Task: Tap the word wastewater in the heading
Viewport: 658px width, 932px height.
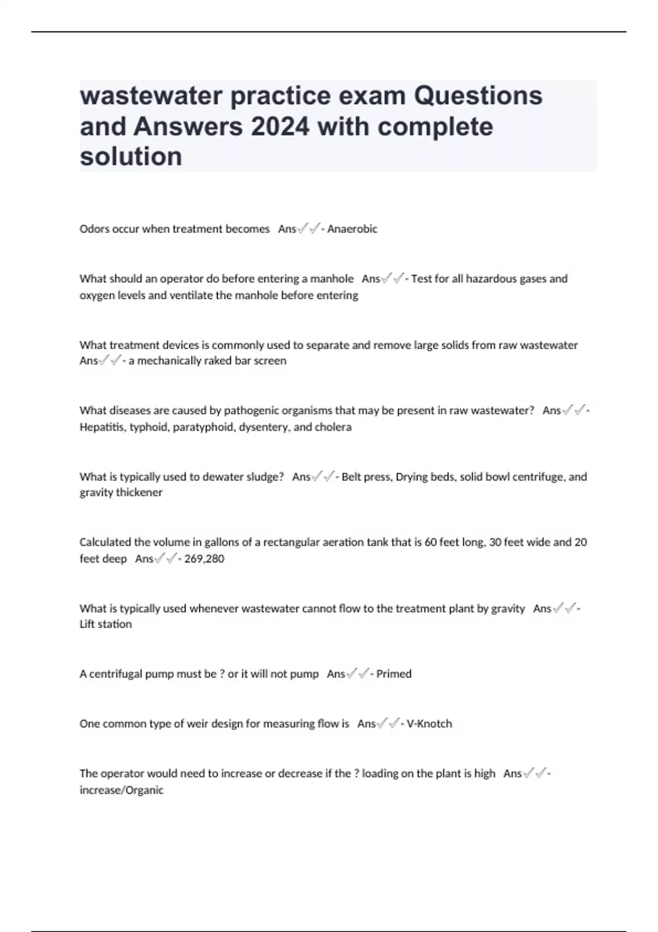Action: click(x=151, y=96)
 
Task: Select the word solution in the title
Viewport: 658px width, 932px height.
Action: click(x=131, y=157)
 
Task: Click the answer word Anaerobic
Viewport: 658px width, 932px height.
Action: click(x=352, y=229)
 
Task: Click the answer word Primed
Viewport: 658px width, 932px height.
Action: click(x=394, y=674)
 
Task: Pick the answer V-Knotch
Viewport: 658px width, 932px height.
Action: click(x=429, y=724)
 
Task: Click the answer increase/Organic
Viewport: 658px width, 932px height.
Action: click(x=122, y=790)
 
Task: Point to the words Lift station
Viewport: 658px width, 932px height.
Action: click(x=106, y=624)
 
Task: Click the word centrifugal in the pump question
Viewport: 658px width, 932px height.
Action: click(x=115, y=674)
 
